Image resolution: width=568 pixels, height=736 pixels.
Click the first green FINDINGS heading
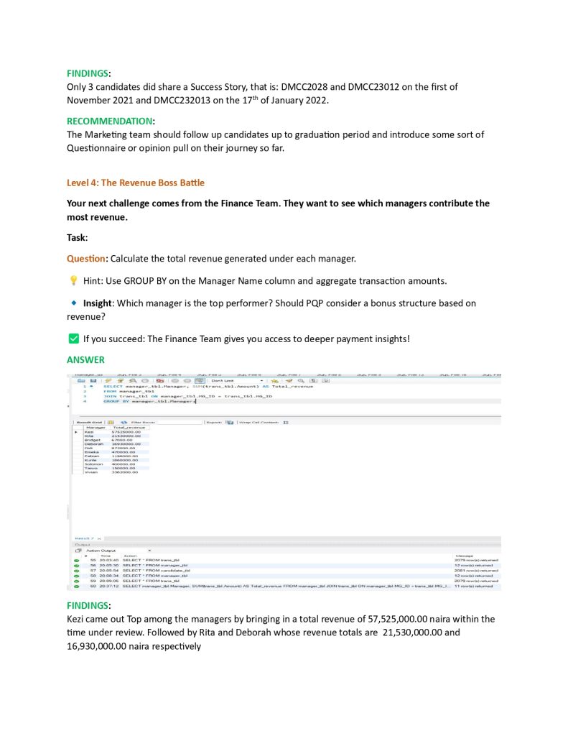pyautogui.click(x=88, y=73)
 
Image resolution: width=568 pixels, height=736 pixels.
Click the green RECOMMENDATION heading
pyautogui.click(x=109, y=121)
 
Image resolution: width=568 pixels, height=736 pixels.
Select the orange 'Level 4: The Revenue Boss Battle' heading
pyautogui.click(x=136, y=183)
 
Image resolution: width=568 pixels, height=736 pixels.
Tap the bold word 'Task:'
pyautogui.click(x=77, y=237)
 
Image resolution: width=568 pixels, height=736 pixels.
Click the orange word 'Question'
pyautogui.click(x=86, y=258)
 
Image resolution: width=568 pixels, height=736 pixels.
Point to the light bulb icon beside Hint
pyautogui.click(x=73, y=280)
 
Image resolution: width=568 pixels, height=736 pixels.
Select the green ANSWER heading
pyautogui.click(x=85, y=359)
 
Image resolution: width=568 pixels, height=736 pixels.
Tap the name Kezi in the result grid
pyautogui.click(x=89, y=432)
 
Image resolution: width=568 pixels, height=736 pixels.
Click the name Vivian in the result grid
pyautogui.click(x=90, y=472)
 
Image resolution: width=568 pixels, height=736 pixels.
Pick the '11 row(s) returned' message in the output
pyautogui.click(x=475, y=586)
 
